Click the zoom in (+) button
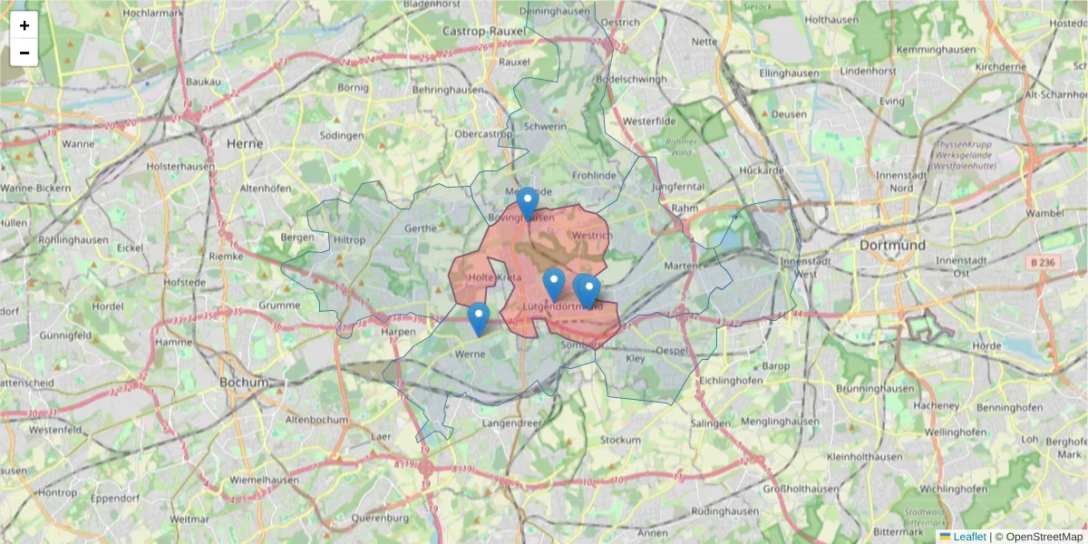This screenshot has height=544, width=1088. tap(24, 25)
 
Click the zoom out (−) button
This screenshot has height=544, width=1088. tap(24, 53)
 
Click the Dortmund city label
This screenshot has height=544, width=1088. tap(893, 245)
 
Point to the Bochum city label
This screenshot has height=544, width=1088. tap(244, 383)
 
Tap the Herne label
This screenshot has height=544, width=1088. tap(244, 143)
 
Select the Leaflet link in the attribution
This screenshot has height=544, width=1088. tap(968, 537)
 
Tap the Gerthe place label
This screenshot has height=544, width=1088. tap(421, 228)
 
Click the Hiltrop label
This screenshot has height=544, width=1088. tap(350, 240)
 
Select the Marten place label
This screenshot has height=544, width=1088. tap(683, 266)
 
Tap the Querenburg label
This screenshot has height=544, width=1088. tap(380, 519)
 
